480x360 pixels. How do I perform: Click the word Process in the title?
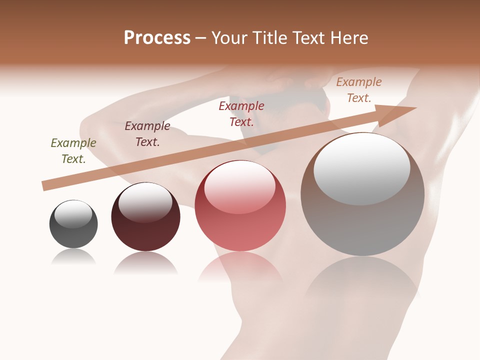(157, 38)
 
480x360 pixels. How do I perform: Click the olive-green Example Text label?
(73, 151)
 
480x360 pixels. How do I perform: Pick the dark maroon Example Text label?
(147, 134)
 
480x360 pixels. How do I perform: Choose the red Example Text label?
(241, 114)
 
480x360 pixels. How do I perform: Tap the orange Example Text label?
(359, 90)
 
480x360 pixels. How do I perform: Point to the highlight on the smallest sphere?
(73, 214)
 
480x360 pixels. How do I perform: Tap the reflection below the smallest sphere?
(73, 257)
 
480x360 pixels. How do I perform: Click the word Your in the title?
(229, 38)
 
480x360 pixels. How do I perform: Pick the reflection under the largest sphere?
(362, 285)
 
